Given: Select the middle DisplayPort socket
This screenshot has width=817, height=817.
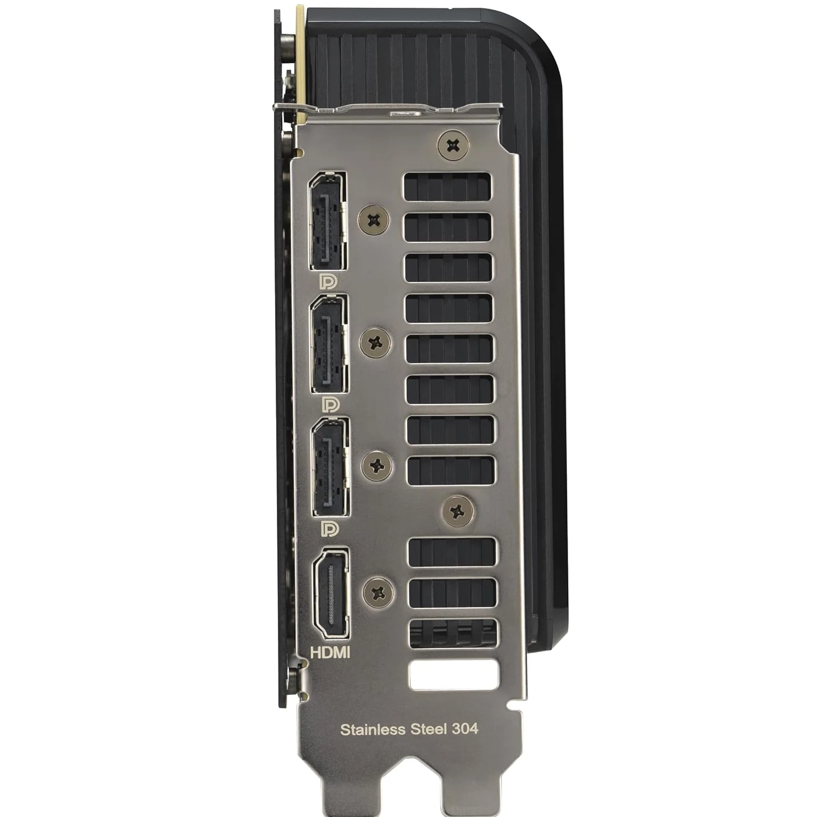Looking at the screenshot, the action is click(330, 344).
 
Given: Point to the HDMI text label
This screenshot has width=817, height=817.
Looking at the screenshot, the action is click(330, 652).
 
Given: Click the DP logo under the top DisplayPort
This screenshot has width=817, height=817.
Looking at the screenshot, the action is click(328, 282).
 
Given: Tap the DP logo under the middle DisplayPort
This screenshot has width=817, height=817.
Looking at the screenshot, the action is click(330, 404).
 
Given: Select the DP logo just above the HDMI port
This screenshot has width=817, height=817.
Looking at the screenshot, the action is click(330, 528).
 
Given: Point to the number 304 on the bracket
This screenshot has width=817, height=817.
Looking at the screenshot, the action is click(465, 729).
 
